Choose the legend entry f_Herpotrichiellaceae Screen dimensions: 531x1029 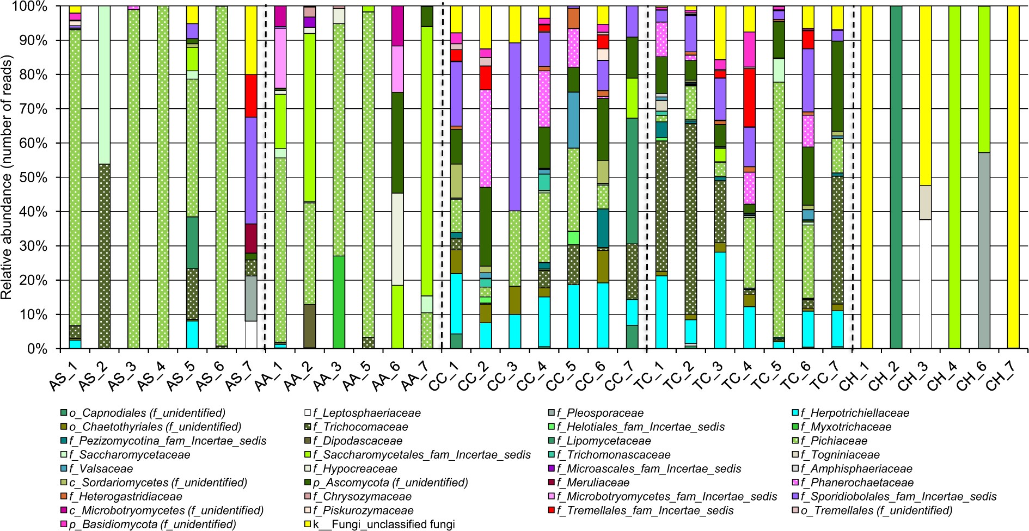tap(854, 413)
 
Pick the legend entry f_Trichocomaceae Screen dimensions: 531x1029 tap(360, 427)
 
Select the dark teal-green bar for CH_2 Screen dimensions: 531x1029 tap(896, 177)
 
